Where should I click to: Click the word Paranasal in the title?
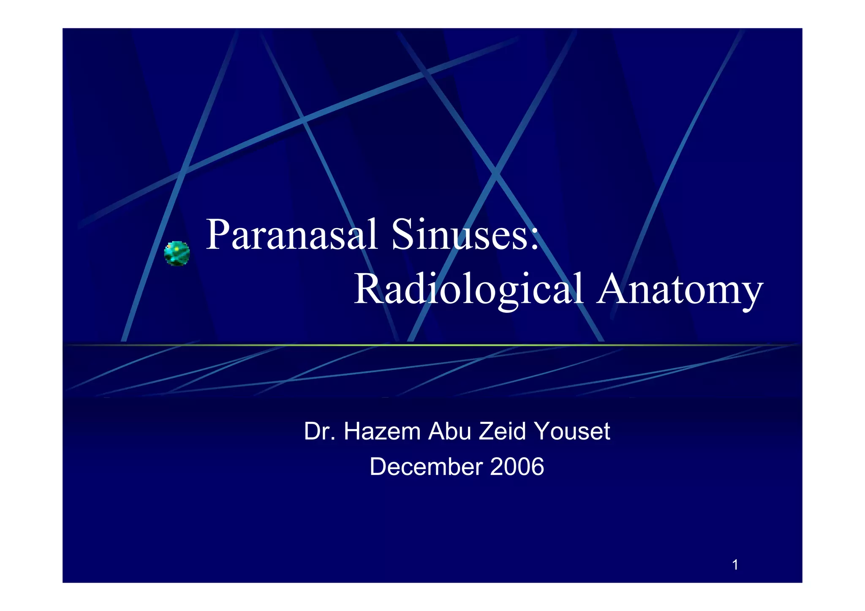point(291,235)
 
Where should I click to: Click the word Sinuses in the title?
point(460,235)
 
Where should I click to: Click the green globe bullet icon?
point(177,253)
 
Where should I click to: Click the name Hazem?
point(382,432)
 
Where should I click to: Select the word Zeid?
point(503,432)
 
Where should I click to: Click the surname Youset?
point(572,432)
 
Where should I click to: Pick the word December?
point(426,467)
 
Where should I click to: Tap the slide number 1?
point(735,565)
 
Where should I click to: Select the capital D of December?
point(378,467)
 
